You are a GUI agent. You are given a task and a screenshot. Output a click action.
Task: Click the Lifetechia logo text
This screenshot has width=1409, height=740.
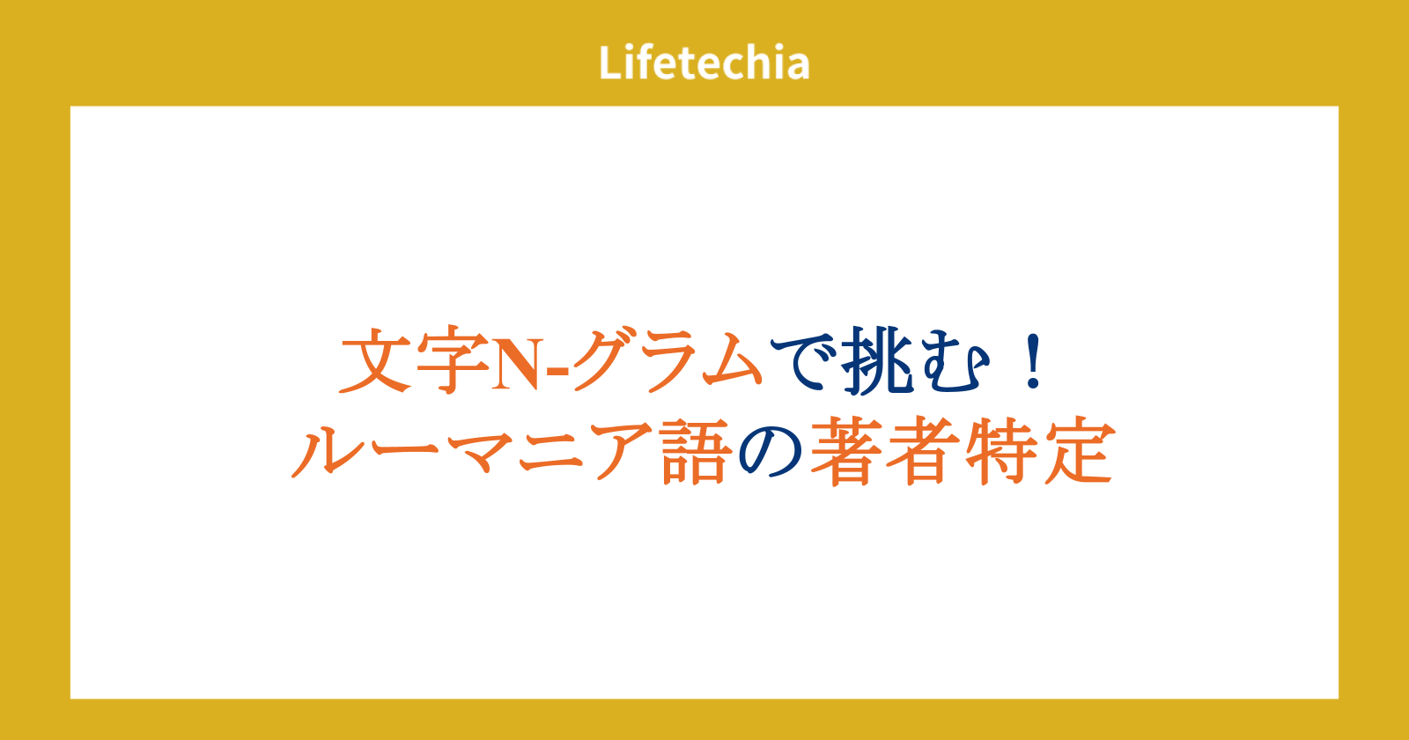704,63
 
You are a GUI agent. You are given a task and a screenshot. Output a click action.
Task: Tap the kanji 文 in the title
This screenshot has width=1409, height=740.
377,360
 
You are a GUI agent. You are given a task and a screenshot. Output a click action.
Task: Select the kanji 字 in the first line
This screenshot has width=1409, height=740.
453,360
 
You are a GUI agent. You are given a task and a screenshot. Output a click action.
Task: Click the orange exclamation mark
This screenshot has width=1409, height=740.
1034,362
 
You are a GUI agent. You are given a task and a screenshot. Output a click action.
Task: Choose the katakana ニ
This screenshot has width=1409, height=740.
551,452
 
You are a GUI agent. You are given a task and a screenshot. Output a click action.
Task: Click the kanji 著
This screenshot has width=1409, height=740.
846,450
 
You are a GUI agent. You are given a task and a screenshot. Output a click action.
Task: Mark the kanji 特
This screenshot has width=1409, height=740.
1001,450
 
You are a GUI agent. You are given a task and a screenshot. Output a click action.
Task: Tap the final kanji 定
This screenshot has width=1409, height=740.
1080,450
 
